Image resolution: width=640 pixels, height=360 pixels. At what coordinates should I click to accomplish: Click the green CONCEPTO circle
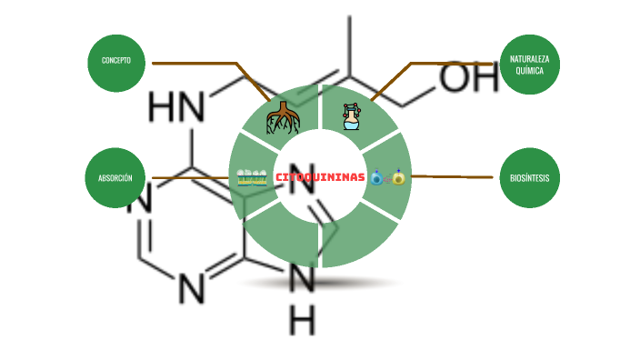pos(116,64)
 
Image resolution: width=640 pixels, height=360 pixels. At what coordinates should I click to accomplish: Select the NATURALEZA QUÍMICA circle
pos(530,65)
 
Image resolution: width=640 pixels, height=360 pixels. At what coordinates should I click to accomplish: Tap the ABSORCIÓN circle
pos(115,178)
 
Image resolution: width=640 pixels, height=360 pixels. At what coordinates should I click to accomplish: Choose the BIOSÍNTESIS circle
pos(530,178)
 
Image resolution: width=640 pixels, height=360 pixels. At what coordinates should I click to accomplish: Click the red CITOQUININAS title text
pos(320,177)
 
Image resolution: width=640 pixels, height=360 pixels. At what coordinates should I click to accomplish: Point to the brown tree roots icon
pos(283,118)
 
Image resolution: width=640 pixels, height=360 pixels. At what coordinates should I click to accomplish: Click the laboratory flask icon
pos(352,116)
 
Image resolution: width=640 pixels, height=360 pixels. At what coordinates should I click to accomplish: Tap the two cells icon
pos(388,177)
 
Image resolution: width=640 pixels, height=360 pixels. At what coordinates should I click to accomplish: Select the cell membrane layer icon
pos(252,178)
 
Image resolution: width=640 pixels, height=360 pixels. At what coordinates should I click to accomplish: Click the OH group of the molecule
pos(469,77)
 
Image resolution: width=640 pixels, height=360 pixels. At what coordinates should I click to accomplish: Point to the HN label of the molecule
pos(176,107)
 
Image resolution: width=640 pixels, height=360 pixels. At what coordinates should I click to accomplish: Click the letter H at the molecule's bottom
pos(302,321)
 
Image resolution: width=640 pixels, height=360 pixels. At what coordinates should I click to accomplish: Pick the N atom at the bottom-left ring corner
pos(191,288)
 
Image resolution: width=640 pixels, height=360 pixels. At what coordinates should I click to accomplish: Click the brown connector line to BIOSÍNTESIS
pos(452,177)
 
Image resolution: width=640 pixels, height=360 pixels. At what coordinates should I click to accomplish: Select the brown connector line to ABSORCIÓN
pos(190,178)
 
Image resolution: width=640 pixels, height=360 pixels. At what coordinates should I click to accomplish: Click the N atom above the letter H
pos(302,277)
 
